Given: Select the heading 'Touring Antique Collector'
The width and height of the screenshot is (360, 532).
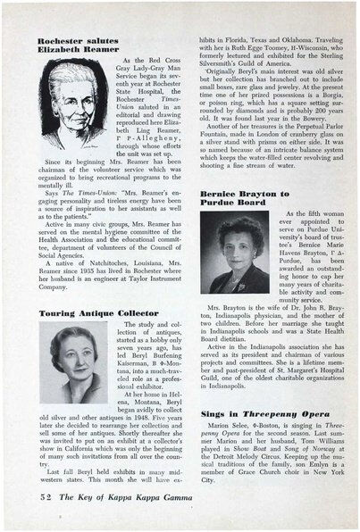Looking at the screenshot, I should point(86,314).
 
